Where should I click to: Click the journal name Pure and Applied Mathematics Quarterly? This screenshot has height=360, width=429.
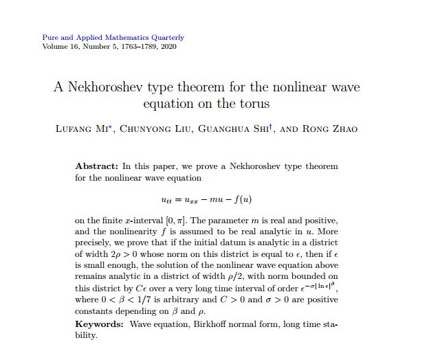click(113, 37)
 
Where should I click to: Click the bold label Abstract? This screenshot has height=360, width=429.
click(96, 167)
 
